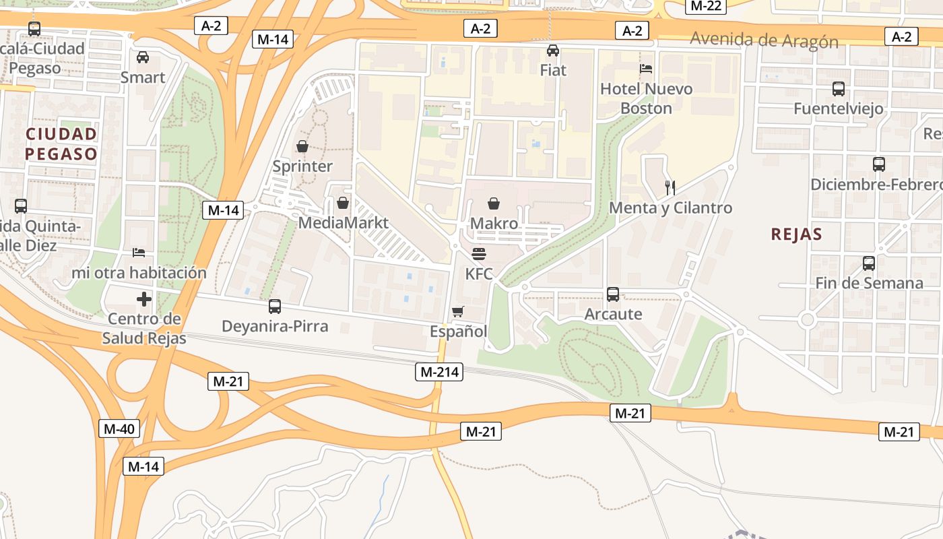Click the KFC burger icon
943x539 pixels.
(x=479, y=255)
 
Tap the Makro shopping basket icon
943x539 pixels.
(x=494, y=203)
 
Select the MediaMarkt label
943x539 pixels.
(x=343, y=222)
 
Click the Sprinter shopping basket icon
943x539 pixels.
(x=302, y=146)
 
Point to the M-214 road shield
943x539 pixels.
(x=439, y=371)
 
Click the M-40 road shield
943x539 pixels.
(x=119, y=429)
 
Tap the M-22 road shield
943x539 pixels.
(x=706, y=6)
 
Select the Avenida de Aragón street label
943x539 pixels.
(x=764, y=40)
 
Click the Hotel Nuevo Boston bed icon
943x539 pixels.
(x=646, y=69)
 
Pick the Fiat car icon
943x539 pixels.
(x=553, y=51)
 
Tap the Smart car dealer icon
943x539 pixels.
(x=143, y=57)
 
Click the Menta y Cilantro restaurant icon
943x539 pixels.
(x=670, y=188)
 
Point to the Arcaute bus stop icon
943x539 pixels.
(x=613, y=294)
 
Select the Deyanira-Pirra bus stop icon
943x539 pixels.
(x=275, y=307)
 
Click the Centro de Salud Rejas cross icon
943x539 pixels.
(x=143, y=299)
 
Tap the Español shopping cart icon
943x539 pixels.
(x=458, y=311)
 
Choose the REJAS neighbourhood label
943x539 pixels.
(x=796, y=234)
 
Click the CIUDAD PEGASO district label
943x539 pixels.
(x=61, y=144)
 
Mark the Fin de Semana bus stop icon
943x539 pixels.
(x=869, y=263)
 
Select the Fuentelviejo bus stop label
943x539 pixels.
(x=838, y=108)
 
